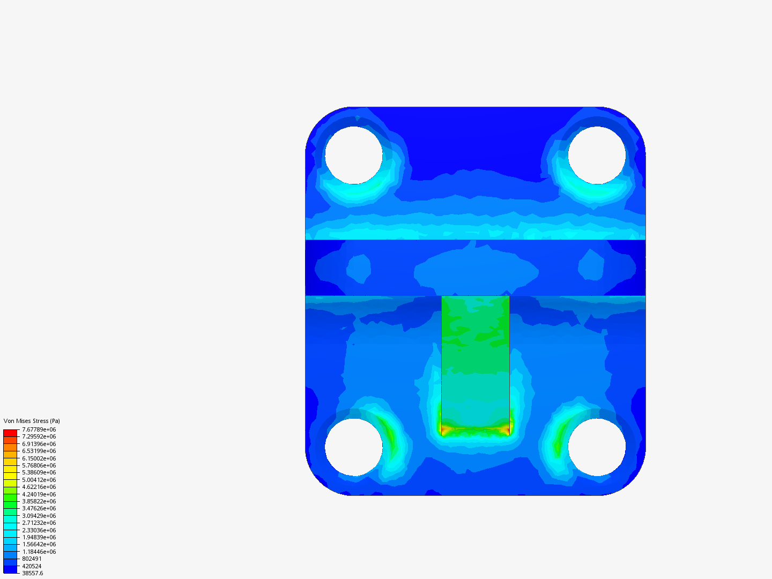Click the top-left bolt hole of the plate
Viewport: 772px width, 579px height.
pyautogui.click(x=354, y=155)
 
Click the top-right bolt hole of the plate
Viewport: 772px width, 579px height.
pyautogui.click(x=597, y=155)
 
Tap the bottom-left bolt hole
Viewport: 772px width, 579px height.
pyautogui.click(x=354, y=447)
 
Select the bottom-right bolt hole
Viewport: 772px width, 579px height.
pyautogui.click(x=597, y=447)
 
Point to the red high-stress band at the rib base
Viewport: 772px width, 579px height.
pyautogui.click(x=475, y=429)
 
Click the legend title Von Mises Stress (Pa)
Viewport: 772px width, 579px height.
pyautogui.click(x=32, y=421)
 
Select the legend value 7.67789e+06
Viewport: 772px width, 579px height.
pyautogui.click(x=39, y=429)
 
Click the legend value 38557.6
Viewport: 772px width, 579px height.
pyautogui.click(x=32, y=573)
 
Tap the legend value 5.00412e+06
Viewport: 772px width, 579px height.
pyautogui.click(x=39, y=480)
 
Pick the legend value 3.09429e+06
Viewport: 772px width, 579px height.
pyautogui.click(x=39, y=516)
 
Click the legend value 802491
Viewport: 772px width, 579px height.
pyautogui.click(x=32, y=559)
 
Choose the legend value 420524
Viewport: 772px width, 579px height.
pyautogui.click(x=32, y=566)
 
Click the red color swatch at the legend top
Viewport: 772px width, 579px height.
pyautogui.click(x=10, y=433)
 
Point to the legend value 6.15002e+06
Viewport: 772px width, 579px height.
pyautogui.click(x=39, y=458)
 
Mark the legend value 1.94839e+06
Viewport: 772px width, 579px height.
pyautogui.click(x=39, y=537)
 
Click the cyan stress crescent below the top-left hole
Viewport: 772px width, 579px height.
pyautogui.click(x=357, y=190)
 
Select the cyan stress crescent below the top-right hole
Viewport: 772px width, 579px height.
pyautogui.click(x=595, y=190)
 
